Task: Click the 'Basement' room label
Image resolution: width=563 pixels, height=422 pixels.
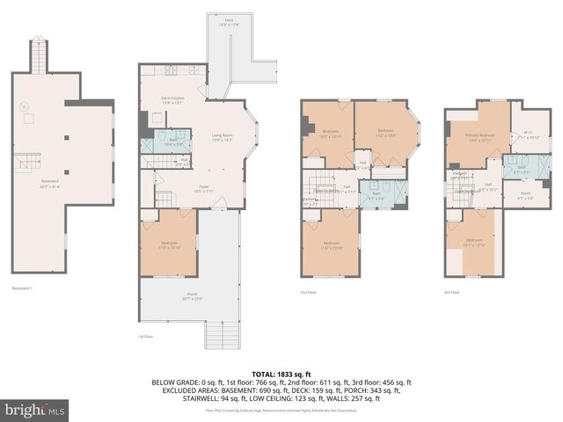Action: coord(49,182)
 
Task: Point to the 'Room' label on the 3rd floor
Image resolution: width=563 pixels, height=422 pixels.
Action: coord(524,195)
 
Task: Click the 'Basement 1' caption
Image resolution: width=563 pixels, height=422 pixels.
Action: coord(22,287)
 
